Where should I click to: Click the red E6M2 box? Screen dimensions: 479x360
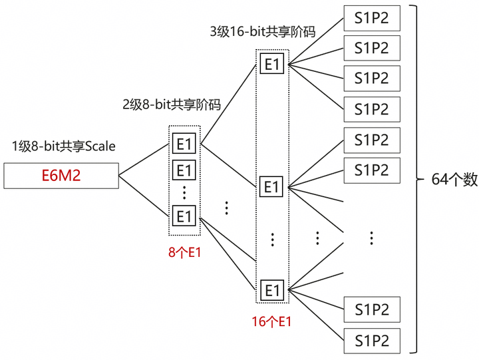[61, 176]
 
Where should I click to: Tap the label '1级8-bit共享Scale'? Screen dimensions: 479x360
[64, 146]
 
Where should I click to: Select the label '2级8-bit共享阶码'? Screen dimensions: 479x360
[172, 104]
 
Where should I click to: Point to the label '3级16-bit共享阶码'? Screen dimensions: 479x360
[263, 31]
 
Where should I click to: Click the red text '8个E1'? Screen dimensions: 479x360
[184, 252]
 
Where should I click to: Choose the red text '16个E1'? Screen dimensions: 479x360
[271, 321]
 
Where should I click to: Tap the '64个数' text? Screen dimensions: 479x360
[454, 180]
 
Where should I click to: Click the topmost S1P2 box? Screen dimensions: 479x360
[372, 18]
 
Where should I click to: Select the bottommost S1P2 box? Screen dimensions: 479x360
[372, 341]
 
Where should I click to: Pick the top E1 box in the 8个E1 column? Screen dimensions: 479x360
[184, 143]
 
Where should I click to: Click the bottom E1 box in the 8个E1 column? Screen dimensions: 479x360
[184, 216]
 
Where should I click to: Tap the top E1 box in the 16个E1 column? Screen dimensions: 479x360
[271, 64]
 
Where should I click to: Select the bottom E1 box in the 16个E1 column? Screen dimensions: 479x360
[272, 290]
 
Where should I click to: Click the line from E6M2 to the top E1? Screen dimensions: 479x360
[144, 159]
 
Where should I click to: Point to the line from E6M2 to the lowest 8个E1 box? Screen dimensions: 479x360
[144, 196]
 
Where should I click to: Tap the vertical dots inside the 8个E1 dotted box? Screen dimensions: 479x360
[184, 192]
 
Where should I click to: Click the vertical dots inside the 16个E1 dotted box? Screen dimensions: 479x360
[273, 240]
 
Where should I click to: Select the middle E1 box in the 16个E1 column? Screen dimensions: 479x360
[271, 186]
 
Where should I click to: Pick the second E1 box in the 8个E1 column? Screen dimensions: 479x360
[184, 170]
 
